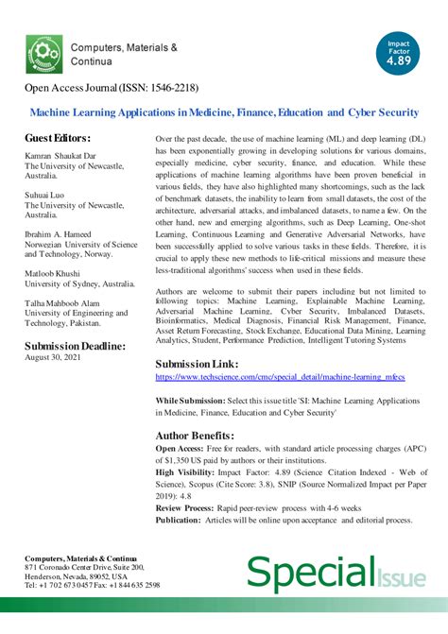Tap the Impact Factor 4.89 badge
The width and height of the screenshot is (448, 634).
(396, 54)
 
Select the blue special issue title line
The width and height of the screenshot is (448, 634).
(224, 112)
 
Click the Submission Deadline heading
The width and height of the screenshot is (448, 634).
(75, 346)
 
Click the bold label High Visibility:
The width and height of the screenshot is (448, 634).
(187, 471)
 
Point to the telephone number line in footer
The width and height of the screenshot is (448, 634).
(92, 585)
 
